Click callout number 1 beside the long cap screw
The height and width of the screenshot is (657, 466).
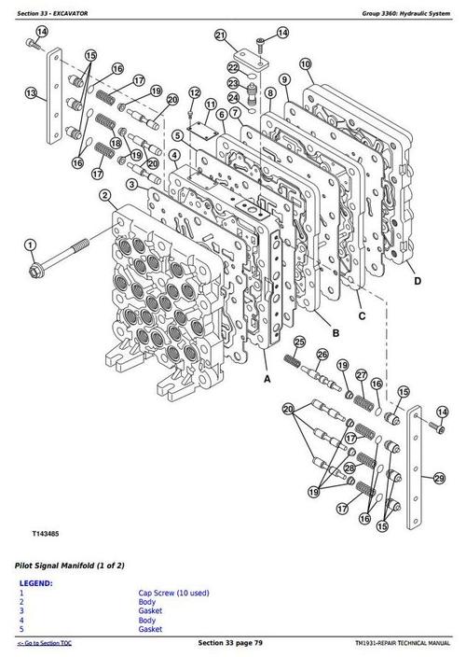coord(31,245)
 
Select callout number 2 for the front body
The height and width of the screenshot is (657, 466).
coord(105,195)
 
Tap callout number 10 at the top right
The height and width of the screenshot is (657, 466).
coord(305,64)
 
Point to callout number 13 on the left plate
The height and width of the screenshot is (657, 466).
coord(31,93)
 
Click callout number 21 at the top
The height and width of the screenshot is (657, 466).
coord(220,36)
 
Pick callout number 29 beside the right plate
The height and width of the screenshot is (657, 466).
coord(438,479)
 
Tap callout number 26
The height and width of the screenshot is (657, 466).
coord(322,355)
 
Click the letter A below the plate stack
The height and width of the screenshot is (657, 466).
coord(267,380)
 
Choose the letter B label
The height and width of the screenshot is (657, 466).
coord(335,329)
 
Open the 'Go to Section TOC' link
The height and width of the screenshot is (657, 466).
coord(46,645)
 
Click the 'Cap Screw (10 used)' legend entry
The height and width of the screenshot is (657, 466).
coord(171,594)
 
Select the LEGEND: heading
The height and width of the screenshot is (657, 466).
coord(35,583)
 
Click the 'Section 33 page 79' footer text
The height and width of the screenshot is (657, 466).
coord(232,645)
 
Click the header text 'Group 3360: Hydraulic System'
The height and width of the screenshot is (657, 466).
coord(403,9)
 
